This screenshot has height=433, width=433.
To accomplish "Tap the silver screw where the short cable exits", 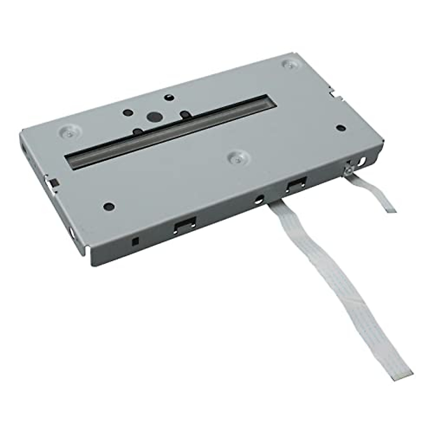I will click(349, 169).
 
